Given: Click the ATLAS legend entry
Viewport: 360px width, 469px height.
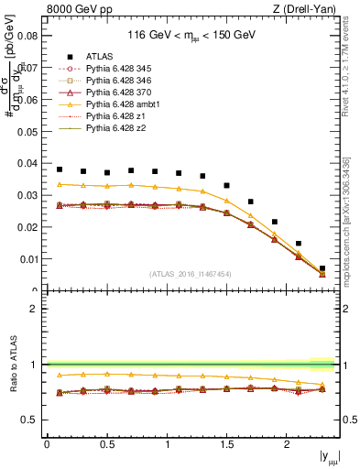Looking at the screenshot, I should point(99,56).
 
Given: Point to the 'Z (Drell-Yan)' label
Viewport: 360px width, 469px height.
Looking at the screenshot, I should point(309,9).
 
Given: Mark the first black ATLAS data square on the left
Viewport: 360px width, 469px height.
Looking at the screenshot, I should point(60,169).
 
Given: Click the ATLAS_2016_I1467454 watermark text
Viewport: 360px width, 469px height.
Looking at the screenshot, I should point(191,273).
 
